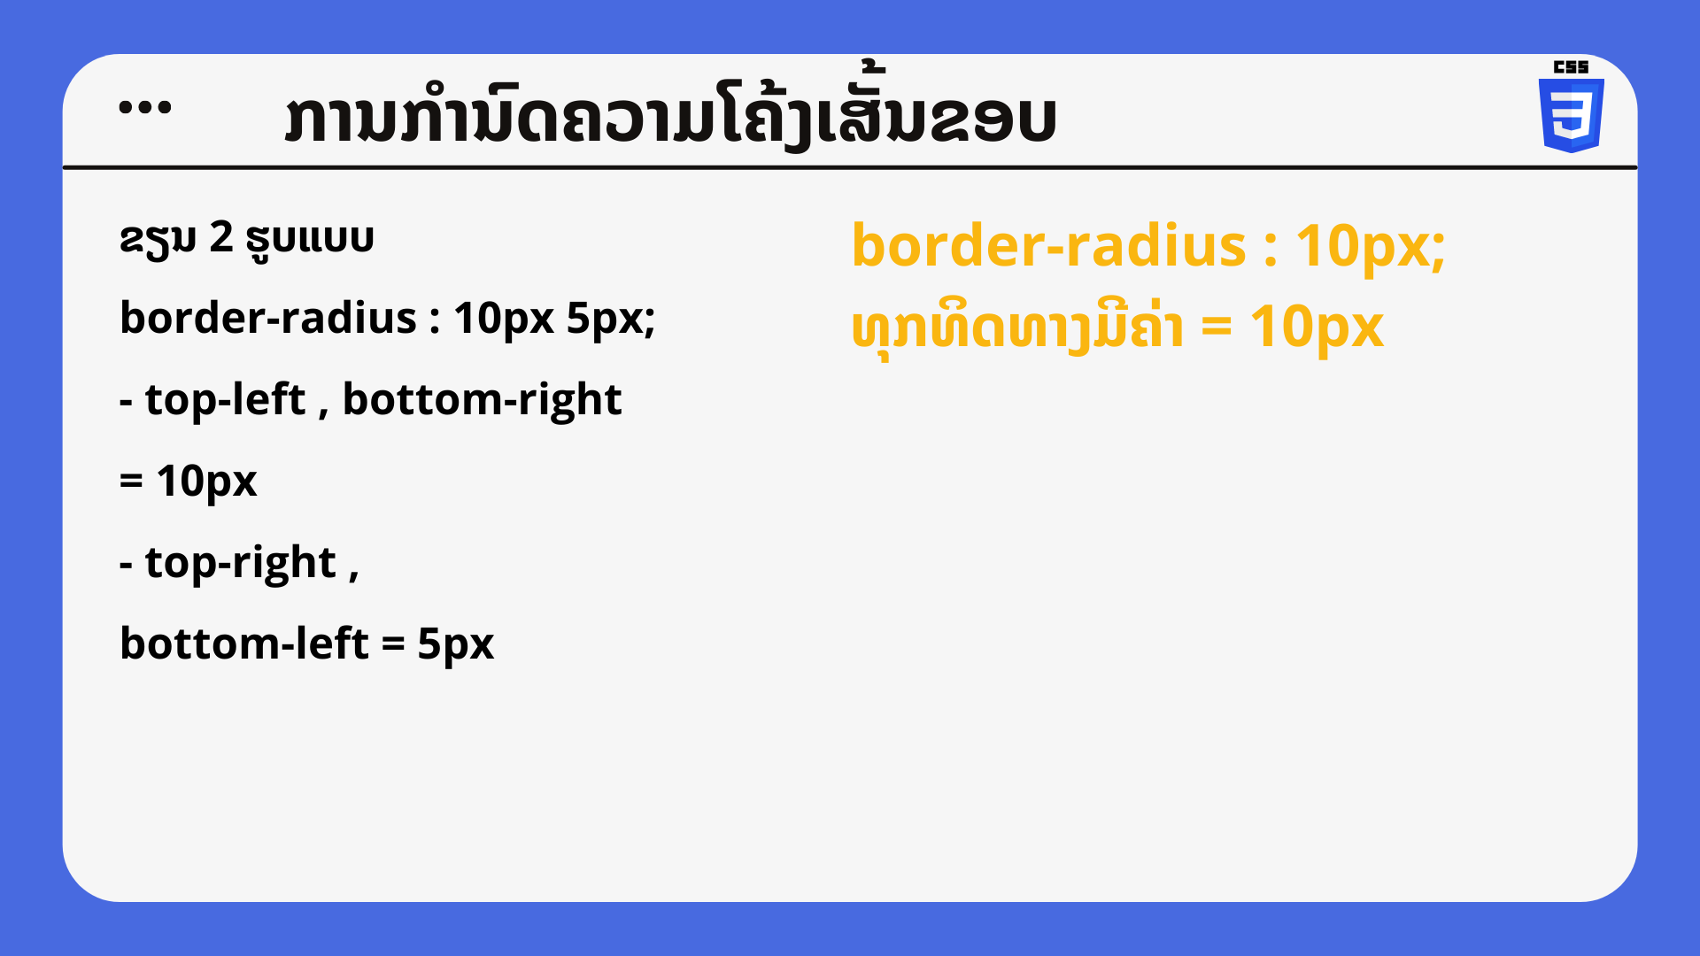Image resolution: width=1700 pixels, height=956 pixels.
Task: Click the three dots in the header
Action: [x=145, y=108]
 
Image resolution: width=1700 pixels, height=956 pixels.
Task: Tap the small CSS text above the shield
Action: [x=1572, y=67]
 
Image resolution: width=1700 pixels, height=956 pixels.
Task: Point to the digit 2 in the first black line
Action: [x=221, y=237]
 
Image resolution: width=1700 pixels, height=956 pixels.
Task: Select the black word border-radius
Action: [x=268, y=318]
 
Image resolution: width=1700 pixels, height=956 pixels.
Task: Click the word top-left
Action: [x=225, y=399]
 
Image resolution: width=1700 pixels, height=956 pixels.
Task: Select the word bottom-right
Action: [x=483, y=399]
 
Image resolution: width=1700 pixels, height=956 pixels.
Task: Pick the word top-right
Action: [x=241, y=563]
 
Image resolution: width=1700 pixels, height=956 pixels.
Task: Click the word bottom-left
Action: [x=244, y=644]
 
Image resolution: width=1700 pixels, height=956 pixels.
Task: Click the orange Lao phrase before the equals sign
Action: [x=1017, y=328]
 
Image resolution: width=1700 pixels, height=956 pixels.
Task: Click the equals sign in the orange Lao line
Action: [x=1217, y=328]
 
